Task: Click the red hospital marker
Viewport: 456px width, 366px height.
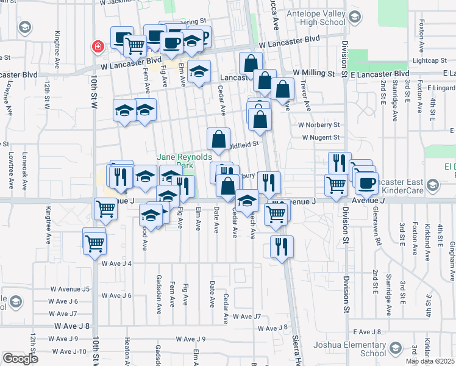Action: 97,46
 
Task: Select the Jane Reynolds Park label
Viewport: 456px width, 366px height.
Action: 176,161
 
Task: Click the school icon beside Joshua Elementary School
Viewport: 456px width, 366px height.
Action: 396,349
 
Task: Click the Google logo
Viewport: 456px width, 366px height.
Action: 20,359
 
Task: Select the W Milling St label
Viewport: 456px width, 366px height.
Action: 313,73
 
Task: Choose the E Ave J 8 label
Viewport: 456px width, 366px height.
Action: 366,332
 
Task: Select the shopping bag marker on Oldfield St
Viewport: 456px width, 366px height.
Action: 219,139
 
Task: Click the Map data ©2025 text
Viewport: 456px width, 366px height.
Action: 430,361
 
